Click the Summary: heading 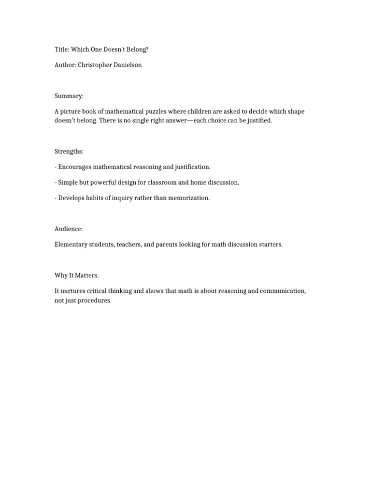[x=69, y=96]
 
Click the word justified [x=259, y=120]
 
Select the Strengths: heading [x=69, y=151]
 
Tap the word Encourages [x=74, y=167]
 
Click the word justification [x=192, y=167]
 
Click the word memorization [x=190, y=198]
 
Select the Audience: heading [x=69, y=229]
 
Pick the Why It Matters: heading [x=76, y=276]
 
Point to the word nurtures [x=73, y=291]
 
